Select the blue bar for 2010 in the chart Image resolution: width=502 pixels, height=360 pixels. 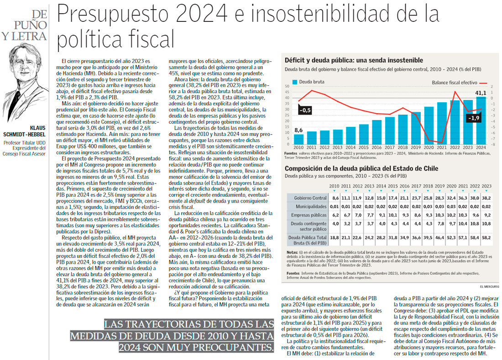pyautogui.click(x=298, y=139)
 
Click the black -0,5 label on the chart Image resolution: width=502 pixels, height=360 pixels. pyautogui.click(x=304, y=110)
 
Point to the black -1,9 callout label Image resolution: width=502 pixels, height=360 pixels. pyautogui.click(x=473, y=118)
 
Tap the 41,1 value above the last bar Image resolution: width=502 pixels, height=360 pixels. pyautogui.click(x=481, y=93)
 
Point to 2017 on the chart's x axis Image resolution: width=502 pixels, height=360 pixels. pyautogui.click(x=390, y=147)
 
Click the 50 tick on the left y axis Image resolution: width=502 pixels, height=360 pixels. pyautogui.click(x=287, y=86)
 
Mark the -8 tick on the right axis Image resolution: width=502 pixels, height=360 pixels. pyautogui.click(x=492, y=144)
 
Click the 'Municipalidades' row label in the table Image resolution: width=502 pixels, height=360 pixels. pyautogui.click(x=309, y=206)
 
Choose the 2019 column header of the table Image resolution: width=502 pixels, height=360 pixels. pyautogui.click(x=439, y=186)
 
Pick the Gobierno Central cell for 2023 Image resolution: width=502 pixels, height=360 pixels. pyautogui.click(x=486, y=198)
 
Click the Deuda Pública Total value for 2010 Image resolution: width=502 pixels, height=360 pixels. pyautogui.click(x=335, y=237)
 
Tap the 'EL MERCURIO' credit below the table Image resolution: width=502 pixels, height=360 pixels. pyautogui.click(x=489, y=286)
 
